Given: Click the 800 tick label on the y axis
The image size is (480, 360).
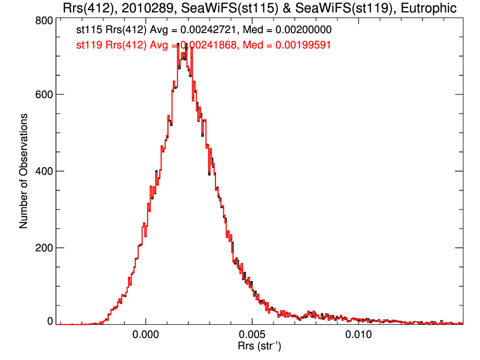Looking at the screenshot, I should [x=43, y=20].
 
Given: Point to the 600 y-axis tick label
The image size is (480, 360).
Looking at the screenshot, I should [x=43, y=94].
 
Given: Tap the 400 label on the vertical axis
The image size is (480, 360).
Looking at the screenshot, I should [x=43, y=171].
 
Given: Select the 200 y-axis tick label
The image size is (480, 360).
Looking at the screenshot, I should [x=43, y=248].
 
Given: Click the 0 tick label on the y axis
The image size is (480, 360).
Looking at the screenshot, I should [x=50, y=322].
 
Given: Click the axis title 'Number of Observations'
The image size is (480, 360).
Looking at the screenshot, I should [x=23, y=171].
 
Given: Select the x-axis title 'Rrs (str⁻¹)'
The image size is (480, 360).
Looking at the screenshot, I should [x=260, y=347].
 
